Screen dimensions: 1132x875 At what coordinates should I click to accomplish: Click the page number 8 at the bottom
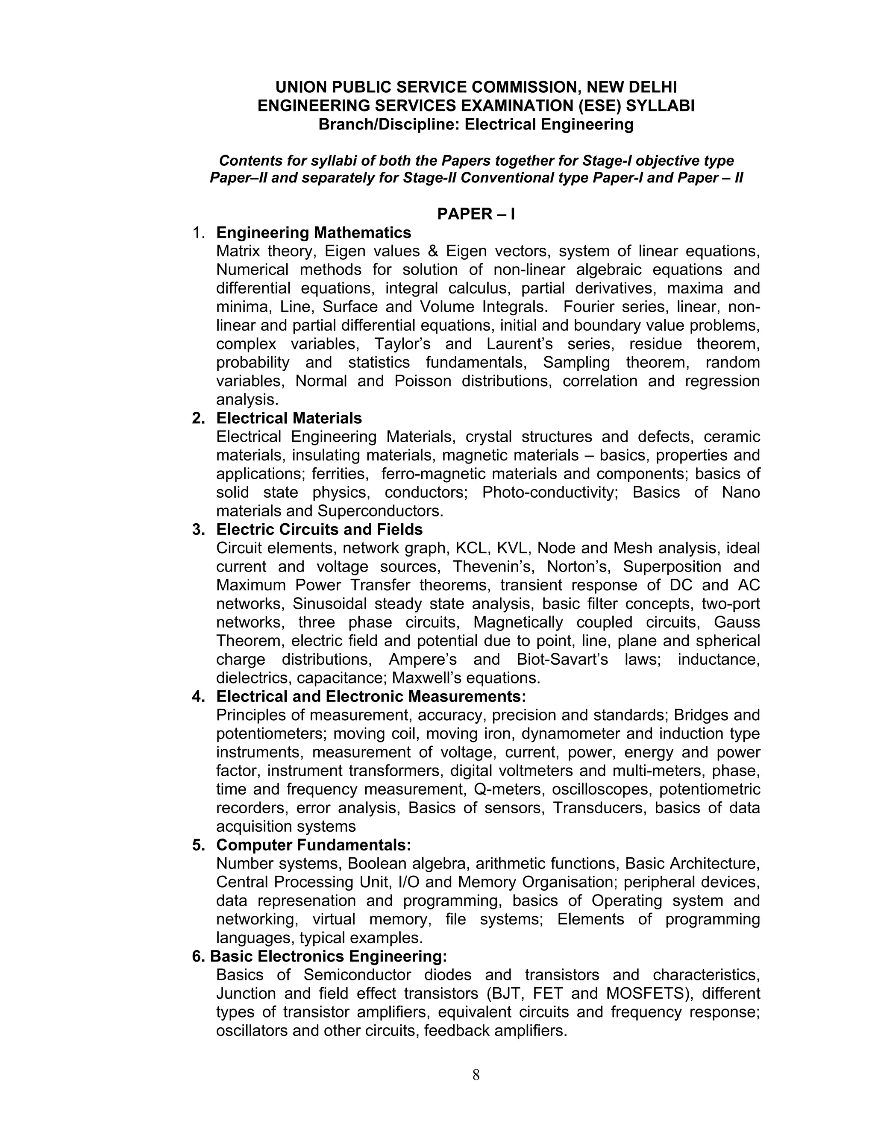tap(476, 1076)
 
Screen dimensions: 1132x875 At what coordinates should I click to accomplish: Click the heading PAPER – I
tap(476, 214)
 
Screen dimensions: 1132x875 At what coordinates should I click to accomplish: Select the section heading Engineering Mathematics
tap(314, 232)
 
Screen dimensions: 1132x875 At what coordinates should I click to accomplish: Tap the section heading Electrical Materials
tap(289, 418)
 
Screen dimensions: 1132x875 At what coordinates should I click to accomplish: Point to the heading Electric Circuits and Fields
tap(319, 529)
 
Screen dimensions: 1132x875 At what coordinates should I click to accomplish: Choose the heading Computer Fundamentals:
tap(313, 845)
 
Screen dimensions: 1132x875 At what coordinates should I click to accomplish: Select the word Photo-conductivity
tap(550, 493)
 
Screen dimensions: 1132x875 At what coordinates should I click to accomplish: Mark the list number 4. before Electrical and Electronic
tap(198, 697)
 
